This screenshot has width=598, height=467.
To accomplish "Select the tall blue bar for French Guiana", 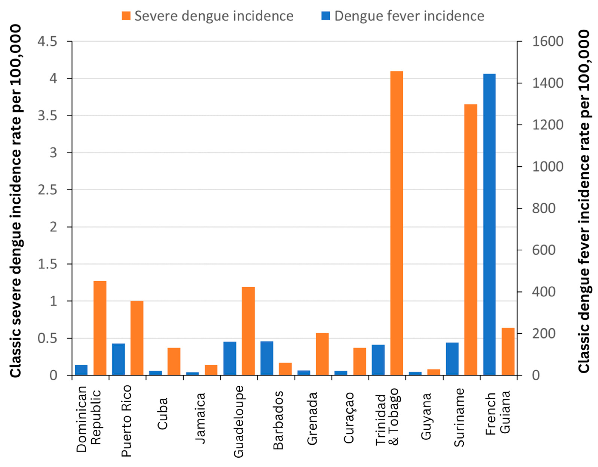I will pos(489,224).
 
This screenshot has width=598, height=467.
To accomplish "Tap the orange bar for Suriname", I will pos(471,240).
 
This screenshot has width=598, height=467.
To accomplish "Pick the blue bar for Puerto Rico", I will pos(118,359).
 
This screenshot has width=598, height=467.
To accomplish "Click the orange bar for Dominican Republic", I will pos(100,328).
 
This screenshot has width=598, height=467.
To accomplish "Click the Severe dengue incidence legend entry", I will pos(207,16).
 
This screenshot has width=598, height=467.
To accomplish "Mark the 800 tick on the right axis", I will pos(543,208).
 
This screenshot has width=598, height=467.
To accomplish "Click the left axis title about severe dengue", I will pos(16,201).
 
